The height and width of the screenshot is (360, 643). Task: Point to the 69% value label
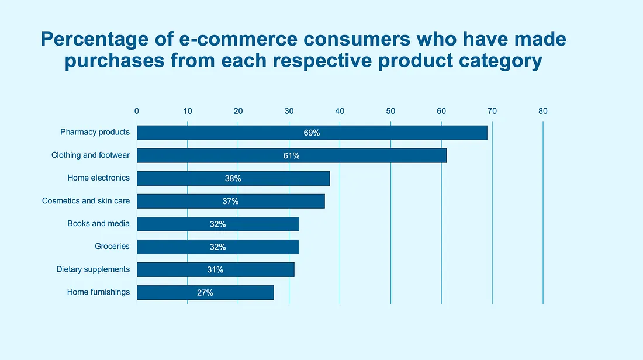coord(312,133)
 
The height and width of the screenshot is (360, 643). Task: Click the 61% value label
coord(291,155)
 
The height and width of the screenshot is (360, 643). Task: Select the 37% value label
coord(230,201)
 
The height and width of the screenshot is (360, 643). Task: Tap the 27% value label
coord(205,292)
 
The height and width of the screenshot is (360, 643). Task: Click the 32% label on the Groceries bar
coord(217,247)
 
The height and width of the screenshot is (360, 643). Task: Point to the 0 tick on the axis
coord(137,111)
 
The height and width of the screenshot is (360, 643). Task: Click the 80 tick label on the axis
coord(542,111)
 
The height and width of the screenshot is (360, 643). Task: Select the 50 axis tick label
coord(390,111)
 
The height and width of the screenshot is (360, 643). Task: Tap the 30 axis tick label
coord(289,111)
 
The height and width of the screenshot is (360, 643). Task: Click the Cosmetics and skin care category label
coord(86,200)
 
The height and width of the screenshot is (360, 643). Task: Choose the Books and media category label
coord(98,223)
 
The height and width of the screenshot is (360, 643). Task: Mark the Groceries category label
coord(112,246)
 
